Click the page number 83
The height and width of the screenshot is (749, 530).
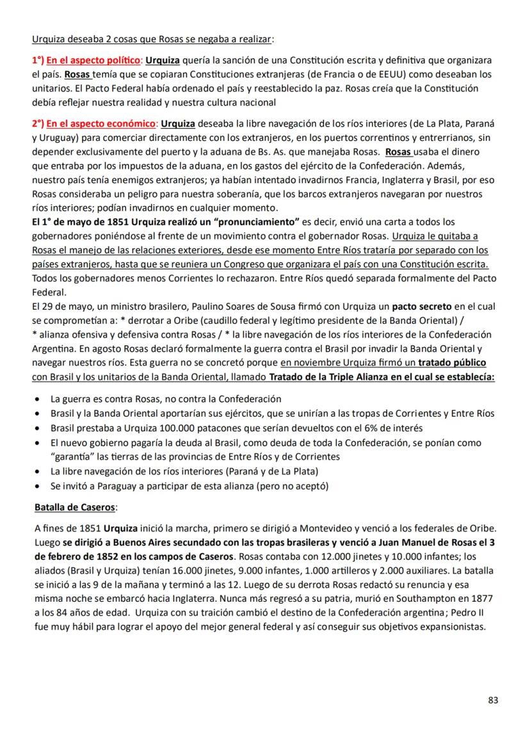click(493, 700)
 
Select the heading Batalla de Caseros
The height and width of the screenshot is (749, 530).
click(75, 507)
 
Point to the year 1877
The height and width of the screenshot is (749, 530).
click(482, 599)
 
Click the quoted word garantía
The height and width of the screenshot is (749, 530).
click(74, 456)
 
